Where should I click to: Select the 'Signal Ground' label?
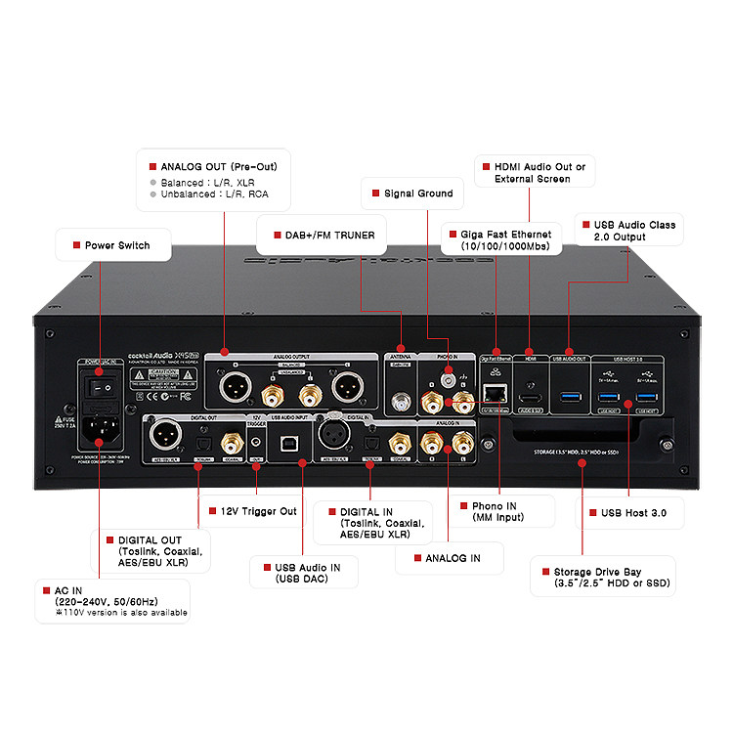(x=417, y=194)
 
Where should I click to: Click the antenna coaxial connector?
(x=400, y=401)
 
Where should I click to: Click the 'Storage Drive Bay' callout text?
(x=602, y=576)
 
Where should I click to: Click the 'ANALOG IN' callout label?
(x=452, y=558)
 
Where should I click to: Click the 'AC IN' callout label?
(x=108, y=601)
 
